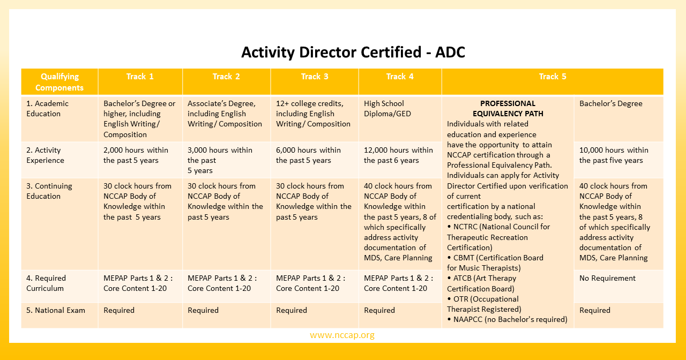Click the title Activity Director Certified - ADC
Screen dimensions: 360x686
point(353,52)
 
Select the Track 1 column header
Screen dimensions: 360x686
point(140,77)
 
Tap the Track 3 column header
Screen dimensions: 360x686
point(315,77)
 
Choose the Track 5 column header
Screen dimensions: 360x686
point(552,77)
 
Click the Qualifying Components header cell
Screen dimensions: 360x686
point(59,82)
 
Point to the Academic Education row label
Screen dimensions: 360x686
point(47,108)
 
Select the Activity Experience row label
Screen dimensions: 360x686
point(45,155)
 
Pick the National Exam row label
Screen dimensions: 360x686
point(56,310)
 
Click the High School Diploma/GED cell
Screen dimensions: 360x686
point(384,108)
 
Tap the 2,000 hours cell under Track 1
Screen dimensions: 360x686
point(136,155)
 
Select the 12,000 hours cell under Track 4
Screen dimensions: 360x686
point(398,155)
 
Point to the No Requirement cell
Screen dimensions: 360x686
point(607,278)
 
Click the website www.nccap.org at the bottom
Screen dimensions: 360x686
point(342,335)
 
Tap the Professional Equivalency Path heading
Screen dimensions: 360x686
point(508,108)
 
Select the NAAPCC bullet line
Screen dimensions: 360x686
point(507,319)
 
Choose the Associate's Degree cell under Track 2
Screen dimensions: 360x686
point(225,114)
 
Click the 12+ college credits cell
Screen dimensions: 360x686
point(313,114)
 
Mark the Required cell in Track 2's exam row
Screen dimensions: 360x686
point(203,310)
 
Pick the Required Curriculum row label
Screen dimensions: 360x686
point(46,283)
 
